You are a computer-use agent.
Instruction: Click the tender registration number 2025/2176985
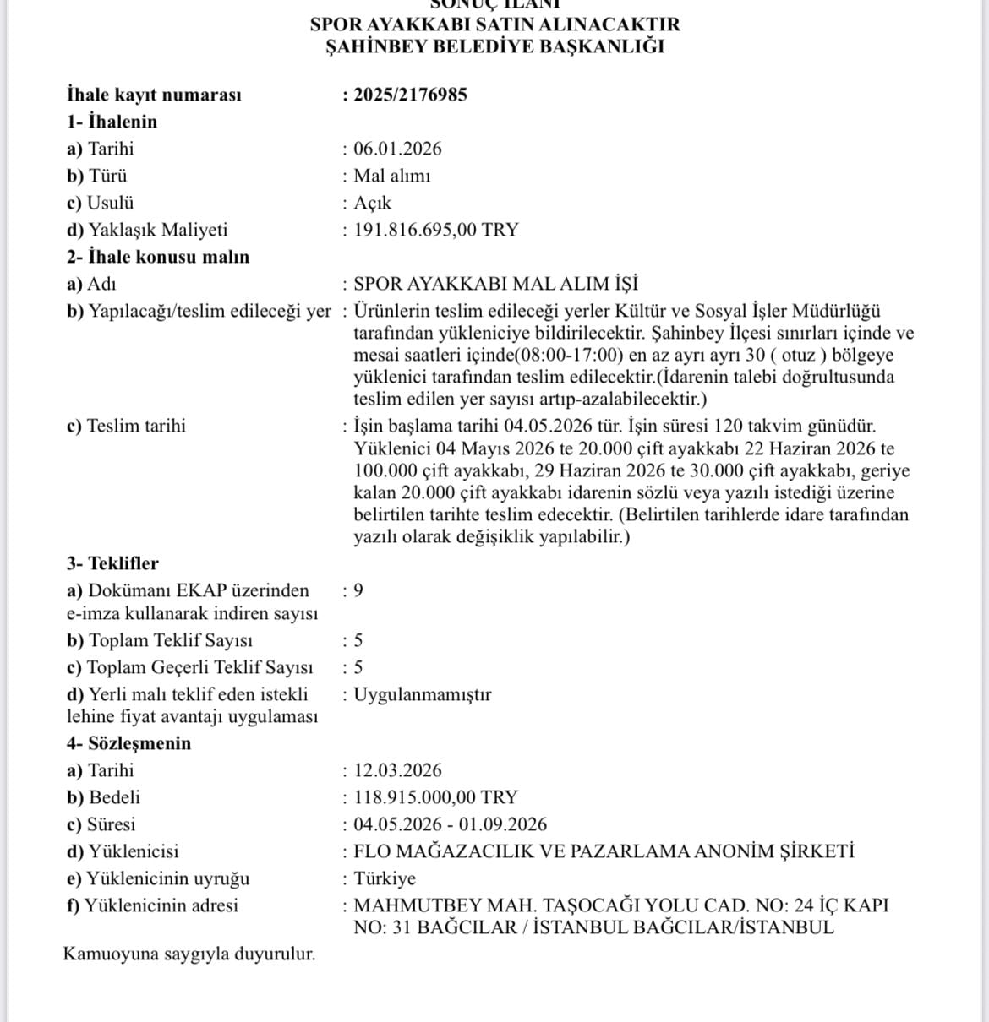pyautogui.click(x=410, y=95)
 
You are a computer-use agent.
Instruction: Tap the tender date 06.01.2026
pyautogui.click(x=397, y=149)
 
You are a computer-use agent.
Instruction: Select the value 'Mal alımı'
pyautogui.click(x=391, y=176)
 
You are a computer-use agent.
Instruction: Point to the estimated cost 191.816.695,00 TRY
pyautogui.click(x=435, y=230)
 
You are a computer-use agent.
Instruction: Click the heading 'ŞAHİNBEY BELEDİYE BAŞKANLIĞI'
pyautogui.click(x=494, y=46)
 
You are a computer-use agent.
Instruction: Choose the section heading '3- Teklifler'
pyautogui.click(x=112, y=563)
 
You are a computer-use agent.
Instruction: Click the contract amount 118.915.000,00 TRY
pyautogui.click(x=435, y=797)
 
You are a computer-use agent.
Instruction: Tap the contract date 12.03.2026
pyautogui.click(x=397, y=770)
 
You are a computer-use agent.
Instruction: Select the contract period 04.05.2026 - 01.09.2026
pyautogui.click(x=450, y=824)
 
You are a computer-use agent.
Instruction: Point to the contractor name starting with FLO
pyautogui.click(x=604, y=851)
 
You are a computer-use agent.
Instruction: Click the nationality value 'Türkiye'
pyautogui.click(x=385, y=878)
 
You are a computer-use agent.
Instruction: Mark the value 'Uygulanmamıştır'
pyautogui.click(x=422, y=695)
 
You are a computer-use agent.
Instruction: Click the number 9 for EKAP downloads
pyautogui.click(x=358, y=590)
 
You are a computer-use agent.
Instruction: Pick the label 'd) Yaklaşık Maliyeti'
pyautogui.click(x=147, y=230)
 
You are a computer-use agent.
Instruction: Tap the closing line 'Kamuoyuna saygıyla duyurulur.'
pyautogui.click(x=189, y=954)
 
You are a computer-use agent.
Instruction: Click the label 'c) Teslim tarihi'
pyautogui.click(x=126, y=426)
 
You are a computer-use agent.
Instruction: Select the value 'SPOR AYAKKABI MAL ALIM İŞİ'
pyautogui.click(x=495, y=284)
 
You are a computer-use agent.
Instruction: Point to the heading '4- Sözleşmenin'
pyautogui.click(x=129, y=743)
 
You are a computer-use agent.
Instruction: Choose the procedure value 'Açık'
pyautogui.click(x=372, y=203)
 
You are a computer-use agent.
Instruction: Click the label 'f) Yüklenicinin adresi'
pyautogui.click(x=152, y=905)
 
